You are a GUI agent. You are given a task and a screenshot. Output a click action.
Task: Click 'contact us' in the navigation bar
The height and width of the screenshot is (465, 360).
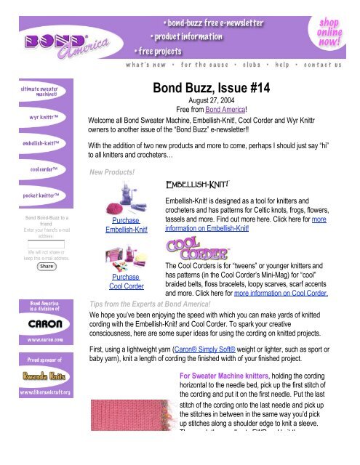pyautogui.click(x=322, y=65)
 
